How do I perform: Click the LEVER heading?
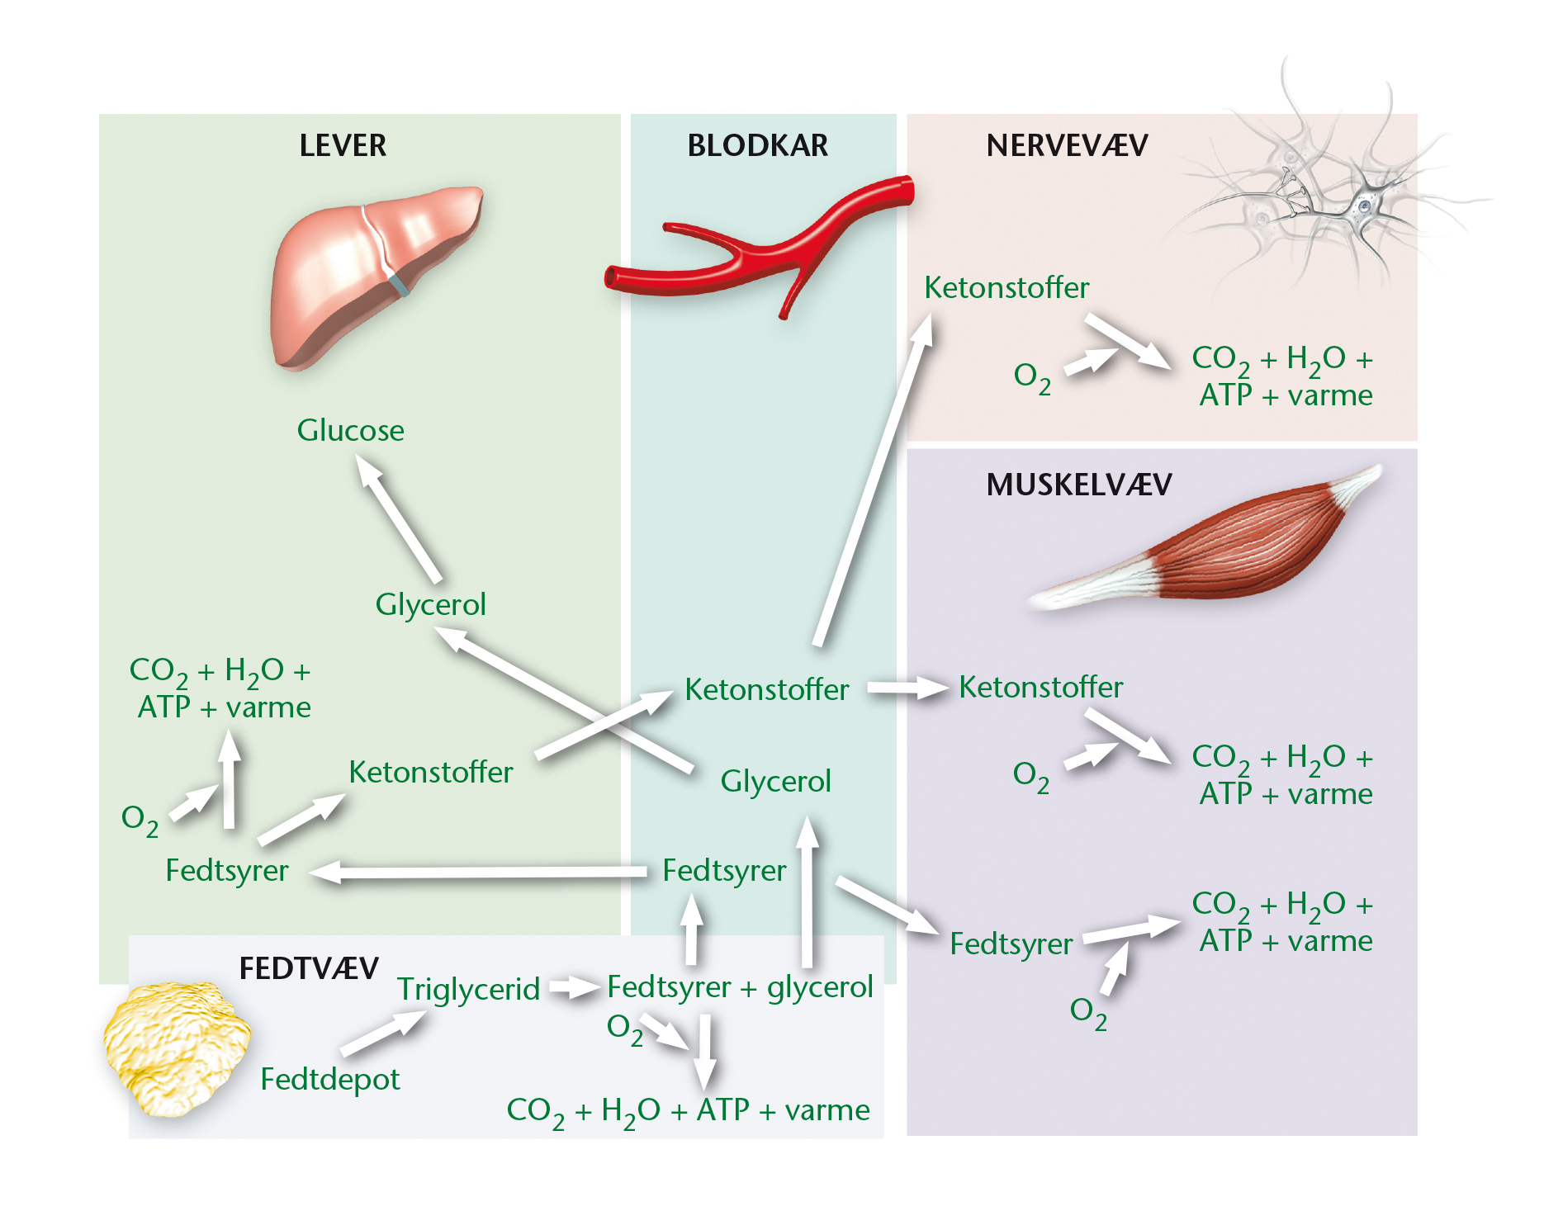click(343, 145)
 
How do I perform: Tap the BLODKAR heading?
click(757, 145)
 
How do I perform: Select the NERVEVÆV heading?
click(1067, 145)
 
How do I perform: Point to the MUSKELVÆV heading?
click(1079, 485)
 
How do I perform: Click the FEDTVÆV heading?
click(309, 968)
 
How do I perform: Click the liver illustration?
click(376, 277)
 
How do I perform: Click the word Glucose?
click(351, 430)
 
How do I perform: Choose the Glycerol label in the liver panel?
click(430, 605)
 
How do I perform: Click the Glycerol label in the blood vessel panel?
click(775, 782)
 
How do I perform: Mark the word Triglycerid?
click(468, 990)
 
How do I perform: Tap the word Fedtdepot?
click(330, 1080)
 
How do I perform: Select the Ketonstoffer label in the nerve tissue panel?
click(1006, 288)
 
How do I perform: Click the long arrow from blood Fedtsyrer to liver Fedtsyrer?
click(478, 872)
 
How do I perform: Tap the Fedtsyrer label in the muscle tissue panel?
click(1011, 944)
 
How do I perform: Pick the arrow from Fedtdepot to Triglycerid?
click(384, 1033)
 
